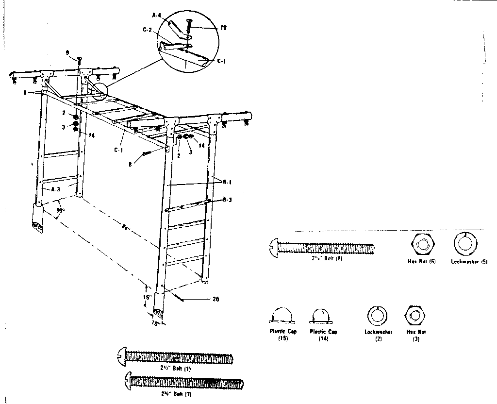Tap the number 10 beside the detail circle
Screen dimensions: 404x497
[x=223, y=28]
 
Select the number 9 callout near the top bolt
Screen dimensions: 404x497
[x=67, y=52]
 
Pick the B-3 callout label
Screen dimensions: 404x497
[x=227, y=199]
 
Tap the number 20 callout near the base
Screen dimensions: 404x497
[x=215, y=299]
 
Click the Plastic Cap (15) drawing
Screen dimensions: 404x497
[x=282, y=316]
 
